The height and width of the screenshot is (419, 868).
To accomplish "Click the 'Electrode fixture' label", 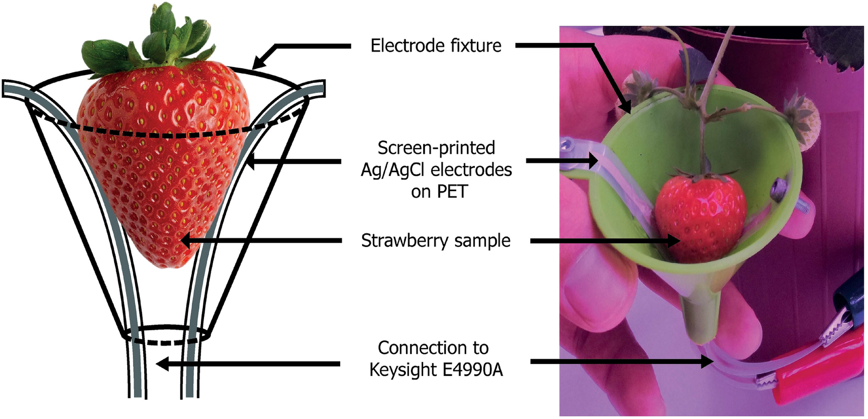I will pos(436,46).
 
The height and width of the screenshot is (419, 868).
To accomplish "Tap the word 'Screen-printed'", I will pos(436,148).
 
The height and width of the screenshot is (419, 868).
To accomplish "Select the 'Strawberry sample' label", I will pos(436,241).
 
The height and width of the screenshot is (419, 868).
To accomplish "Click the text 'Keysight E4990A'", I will pos(436,370).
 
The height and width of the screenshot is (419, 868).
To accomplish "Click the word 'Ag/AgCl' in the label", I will pos(390,170).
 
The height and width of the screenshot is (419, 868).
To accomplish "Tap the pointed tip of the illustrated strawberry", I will pos(166,260).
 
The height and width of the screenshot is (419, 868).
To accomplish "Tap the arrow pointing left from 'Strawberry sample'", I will pos(263,241).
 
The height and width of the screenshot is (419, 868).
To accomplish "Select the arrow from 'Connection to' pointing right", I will pos(620,362).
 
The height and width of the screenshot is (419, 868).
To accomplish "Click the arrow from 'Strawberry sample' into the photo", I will pos(605,241).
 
